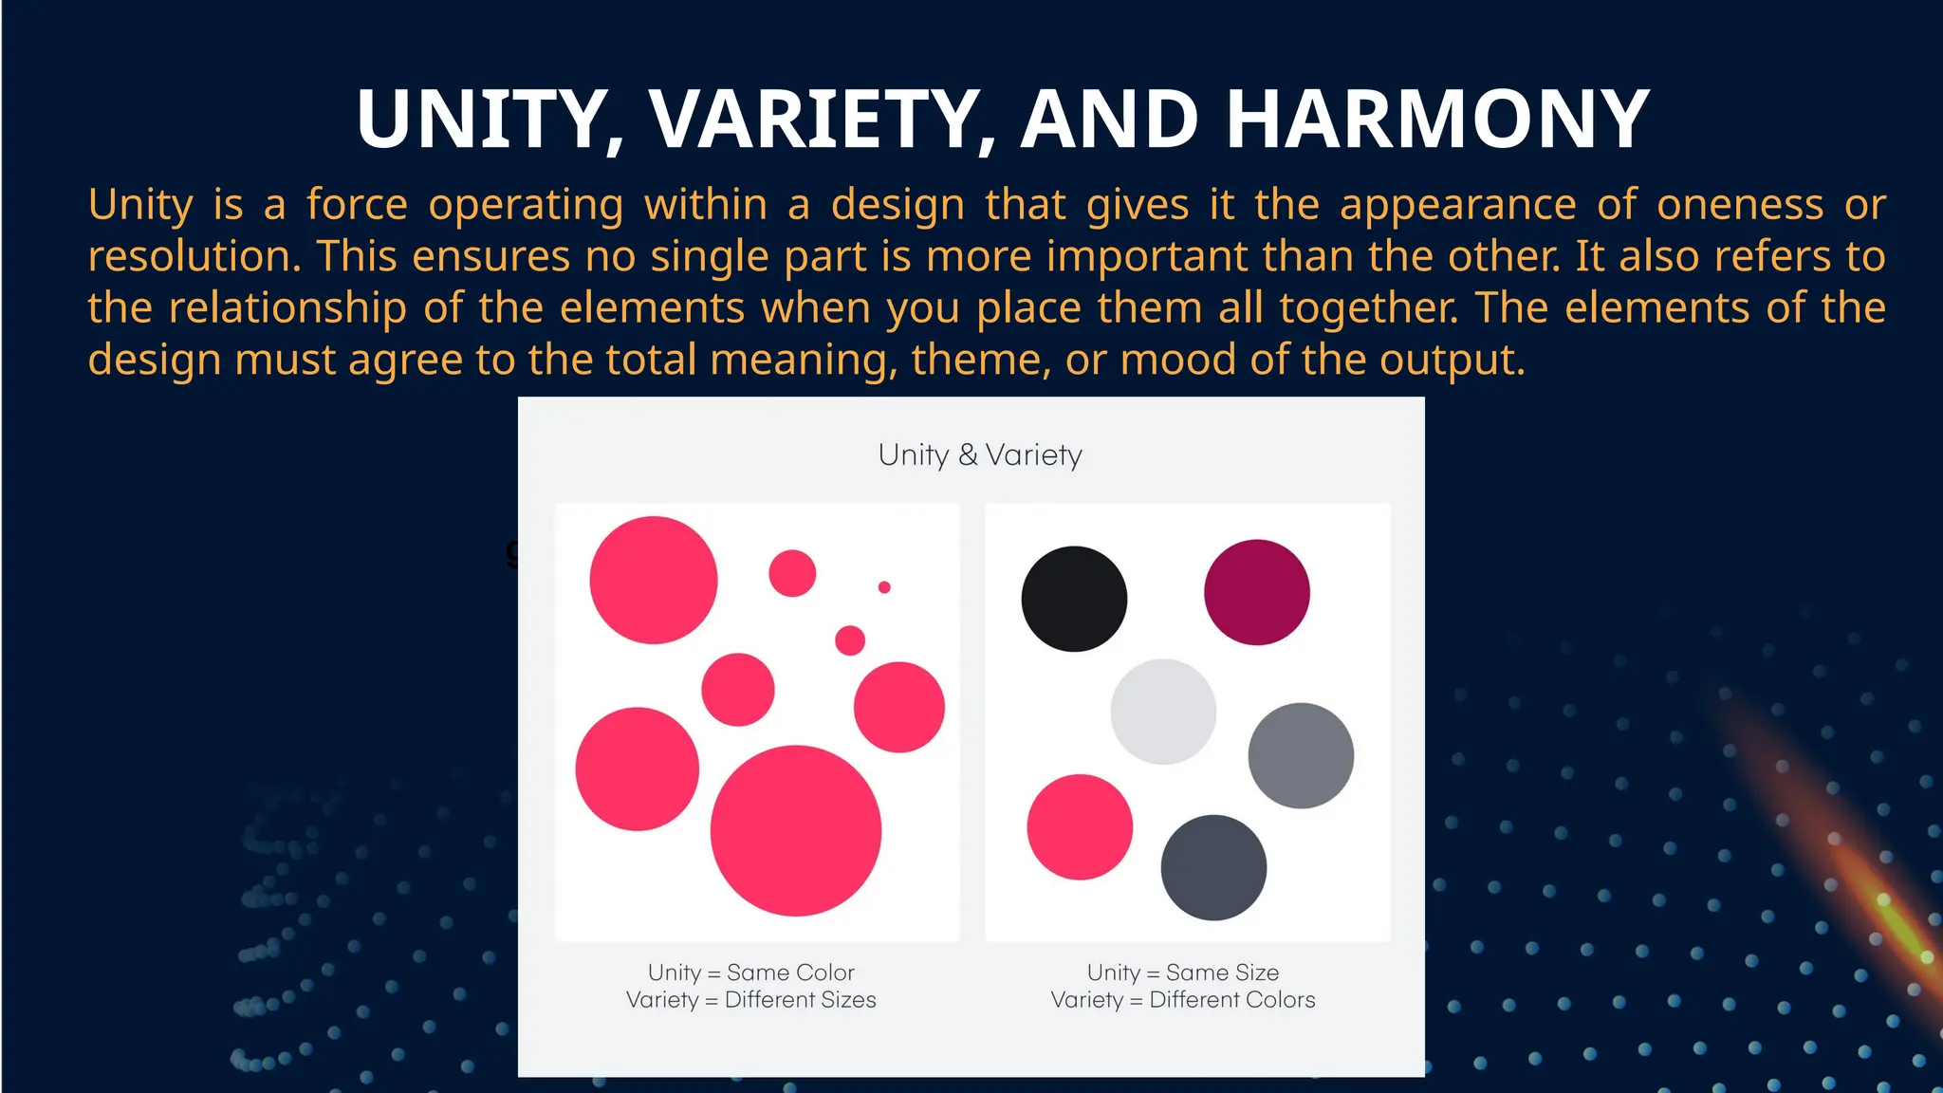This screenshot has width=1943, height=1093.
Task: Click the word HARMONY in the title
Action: click(1437, 120)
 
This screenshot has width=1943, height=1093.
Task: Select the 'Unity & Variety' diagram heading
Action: click(980, 454)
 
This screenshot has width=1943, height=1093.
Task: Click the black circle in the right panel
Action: click(1074, 599)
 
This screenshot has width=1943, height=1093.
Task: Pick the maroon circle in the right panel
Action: click(1257, 592)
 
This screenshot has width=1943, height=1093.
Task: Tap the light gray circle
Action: click(1163, 712)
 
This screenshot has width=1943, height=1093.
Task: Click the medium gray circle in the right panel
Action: click(1301, 755)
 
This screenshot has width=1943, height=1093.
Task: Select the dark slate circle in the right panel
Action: click(1213, 867)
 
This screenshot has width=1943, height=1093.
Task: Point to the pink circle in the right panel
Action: click(1080, 827)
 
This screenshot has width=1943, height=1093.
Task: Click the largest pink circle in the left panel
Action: click(796, 831)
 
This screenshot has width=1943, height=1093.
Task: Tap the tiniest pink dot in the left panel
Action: click(884, 587)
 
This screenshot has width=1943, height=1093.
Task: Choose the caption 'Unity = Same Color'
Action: click(751, 973)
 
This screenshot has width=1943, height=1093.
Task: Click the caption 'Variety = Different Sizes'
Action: click(751, 1000)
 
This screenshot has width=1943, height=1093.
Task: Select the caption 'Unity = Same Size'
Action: click(1183, 973)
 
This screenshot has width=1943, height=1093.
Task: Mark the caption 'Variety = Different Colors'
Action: click(1183, 1000)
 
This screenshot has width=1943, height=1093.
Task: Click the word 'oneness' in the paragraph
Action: click(1740, 205)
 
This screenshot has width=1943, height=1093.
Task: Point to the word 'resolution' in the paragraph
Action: click(193, 256)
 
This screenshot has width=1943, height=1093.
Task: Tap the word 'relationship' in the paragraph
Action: click(287, 308)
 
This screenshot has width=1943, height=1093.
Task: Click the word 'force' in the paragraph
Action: click(357, 205)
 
